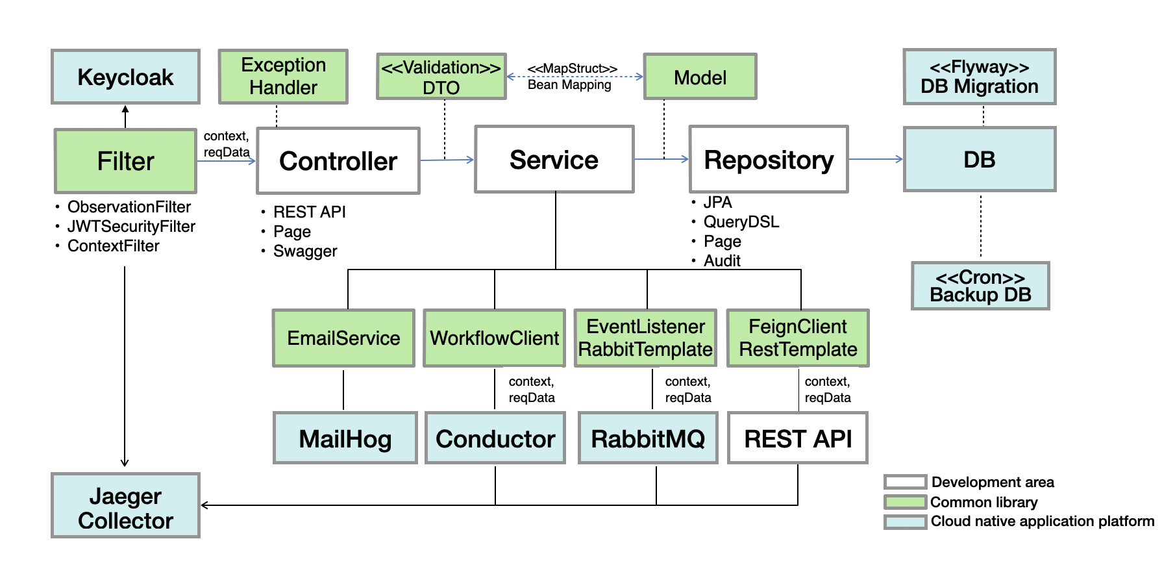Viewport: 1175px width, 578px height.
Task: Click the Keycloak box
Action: (125, 77)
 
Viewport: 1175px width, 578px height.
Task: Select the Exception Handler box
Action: (283, 77)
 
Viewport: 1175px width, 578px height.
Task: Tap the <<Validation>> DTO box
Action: (441, 77)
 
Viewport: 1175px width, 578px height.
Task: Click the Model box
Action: (700, 77)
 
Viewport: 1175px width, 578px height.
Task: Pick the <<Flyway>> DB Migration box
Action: (979, 77)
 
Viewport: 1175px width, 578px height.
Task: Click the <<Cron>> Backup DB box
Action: (980, 286)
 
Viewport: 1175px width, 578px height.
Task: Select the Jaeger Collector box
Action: (125, 505)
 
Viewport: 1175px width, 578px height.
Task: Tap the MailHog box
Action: (345, 438)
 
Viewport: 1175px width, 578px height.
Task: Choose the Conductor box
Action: (495, 438)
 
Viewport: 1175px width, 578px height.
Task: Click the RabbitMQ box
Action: (647, 438)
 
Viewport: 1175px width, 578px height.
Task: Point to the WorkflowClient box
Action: (494, 338)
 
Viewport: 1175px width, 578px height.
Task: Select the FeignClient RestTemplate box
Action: (797, 338)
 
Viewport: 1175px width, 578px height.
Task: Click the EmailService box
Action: (343, 338)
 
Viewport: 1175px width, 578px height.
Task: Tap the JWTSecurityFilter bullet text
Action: (131, 226)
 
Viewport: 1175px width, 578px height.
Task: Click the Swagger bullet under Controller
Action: (305, 251)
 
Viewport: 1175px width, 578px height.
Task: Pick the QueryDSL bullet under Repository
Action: (741, 221)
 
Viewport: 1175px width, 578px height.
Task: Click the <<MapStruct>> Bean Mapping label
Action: (570, 77)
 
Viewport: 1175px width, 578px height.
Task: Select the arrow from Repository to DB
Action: (875, 158)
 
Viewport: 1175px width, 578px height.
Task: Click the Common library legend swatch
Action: (905, 502)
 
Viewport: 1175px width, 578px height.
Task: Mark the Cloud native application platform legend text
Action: (1042, 521)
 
